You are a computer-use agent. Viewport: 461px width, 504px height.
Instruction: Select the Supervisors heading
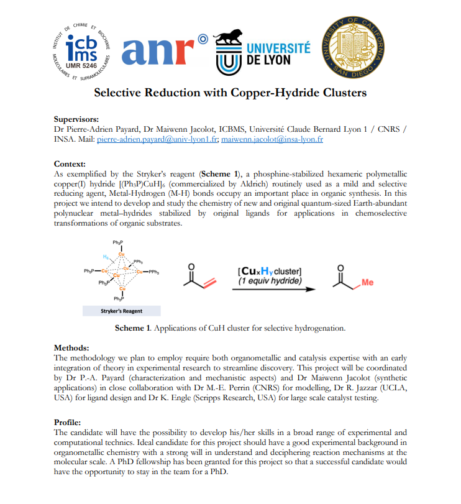tap(76, 119)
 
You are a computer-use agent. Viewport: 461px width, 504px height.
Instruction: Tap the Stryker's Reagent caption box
tap(122, 310)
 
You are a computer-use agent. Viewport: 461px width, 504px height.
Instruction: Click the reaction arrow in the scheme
tap(273, 289)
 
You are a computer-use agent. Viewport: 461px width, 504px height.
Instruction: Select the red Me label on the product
tap(368, 283)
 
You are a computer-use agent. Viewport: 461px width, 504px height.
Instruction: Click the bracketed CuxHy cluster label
tap(270, 271)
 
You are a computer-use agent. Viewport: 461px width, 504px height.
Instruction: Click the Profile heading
tap(68, 422)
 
